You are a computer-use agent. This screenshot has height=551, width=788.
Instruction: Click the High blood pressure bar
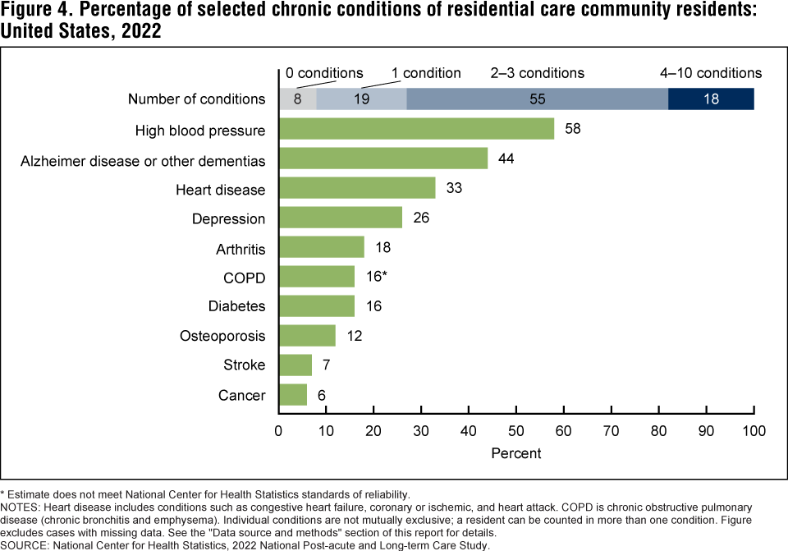(416, 129)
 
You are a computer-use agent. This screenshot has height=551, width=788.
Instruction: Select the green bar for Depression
(341, 218)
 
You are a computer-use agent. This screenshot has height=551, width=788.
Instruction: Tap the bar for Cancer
(293, 395)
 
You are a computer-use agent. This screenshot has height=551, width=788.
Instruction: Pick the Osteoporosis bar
(307, 335)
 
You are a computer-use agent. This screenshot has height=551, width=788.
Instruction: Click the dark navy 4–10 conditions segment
(711, 99)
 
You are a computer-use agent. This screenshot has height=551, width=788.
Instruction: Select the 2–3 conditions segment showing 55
(537, 99)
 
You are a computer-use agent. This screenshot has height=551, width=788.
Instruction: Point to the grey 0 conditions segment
(297, 99)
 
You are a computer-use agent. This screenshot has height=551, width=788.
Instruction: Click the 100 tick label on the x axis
(754, 430)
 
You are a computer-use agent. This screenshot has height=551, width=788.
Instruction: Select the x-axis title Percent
(516, 452)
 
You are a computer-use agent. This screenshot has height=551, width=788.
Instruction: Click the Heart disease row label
(221, 190)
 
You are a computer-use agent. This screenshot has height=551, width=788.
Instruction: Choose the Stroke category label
(244, 365)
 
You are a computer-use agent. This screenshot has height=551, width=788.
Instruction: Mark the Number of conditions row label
(197, 99)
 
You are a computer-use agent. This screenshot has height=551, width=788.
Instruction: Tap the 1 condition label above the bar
(426, 73)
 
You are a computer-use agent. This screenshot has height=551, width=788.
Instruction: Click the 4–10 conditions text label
(711, 73)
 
